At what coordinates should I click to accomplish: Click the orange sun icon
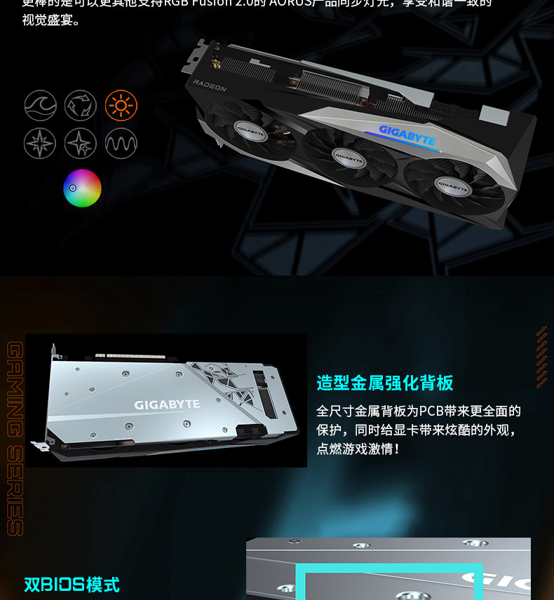point(121,106)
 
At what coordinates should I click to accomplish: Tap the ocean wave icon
point(40,106)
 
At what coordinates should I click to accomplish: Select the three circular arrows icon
point(81,106)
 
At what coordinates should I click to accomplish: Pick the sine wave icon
point(121,144)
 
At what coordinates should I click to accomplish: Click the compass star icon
point(40,144)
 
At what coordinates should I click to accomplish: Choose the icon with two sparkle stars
point(81,144)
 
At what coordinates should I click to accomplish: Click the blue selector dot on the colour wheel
point(72,188)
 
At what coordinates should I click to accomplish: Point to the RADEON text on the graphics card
point(210,86)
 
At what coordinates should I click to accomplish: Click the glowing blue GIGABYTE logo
point(407,134)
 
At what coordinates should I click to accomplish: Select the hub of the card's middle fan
point(349,158)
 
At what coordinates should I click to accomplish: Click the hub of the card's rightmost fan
point(452,187)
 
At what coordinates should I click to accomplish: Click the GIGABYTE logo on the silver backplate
point(167,404)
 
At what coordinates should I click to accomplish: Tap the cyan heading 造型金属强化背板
point(385,383)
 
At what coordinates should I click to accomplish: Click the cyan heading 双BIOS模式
point(72,584)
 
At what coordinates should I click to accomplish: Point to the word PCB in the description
point(434,411)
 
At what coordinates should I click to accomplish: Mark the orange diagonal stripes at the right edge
point(541,357)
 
